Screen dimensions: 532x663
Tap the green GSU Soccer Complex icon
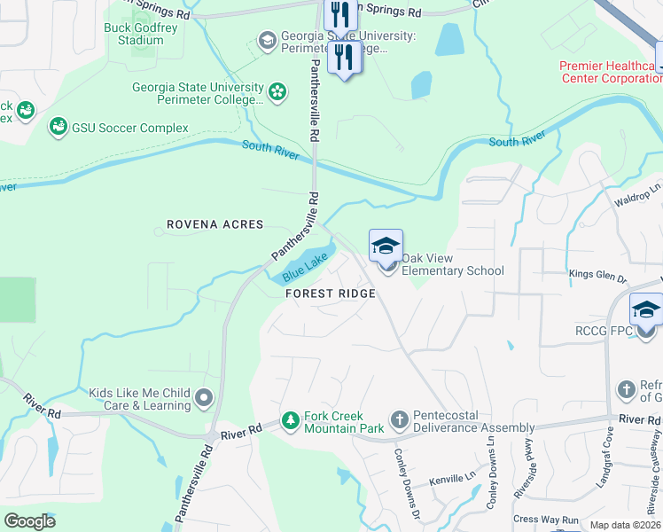point(58,128)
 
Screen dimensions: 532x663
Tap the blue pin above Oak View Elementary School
point(386,246)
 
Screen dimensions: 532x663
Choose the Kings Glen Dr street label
point(597,276)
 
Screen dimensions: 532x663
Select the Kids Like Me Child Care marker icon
point(205,398)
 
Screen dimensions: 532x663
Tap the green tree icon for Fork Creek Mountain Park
point(290,419)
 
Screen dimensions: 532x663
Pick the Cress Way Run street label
point(545,520)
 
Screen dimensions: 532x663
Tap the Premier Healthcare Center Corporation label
point(610,72)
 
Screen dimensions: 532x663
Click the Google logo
point(30,520)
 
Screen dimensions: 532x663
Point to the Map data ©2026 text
point(625,525)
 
